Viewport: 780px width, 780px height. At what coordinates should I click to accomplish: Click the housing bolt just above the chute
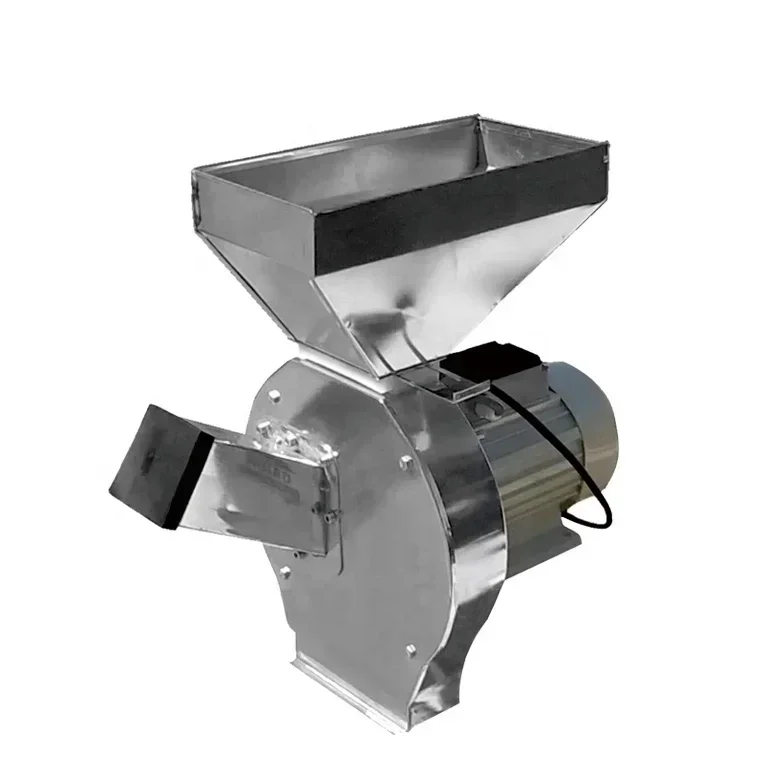click(271, 397)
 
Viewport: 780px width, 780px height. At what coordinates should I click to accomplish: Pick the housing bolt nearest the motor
click(405, 462)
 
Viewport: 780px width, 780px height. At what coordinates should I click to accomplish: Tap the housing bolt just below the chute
click(284, 572)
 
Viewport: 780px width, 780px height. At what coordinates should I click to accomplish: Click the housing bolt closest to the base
click(410, 651)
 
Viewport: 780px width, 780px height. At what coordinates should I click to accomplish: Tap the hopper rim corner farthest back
click(478, 119)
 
